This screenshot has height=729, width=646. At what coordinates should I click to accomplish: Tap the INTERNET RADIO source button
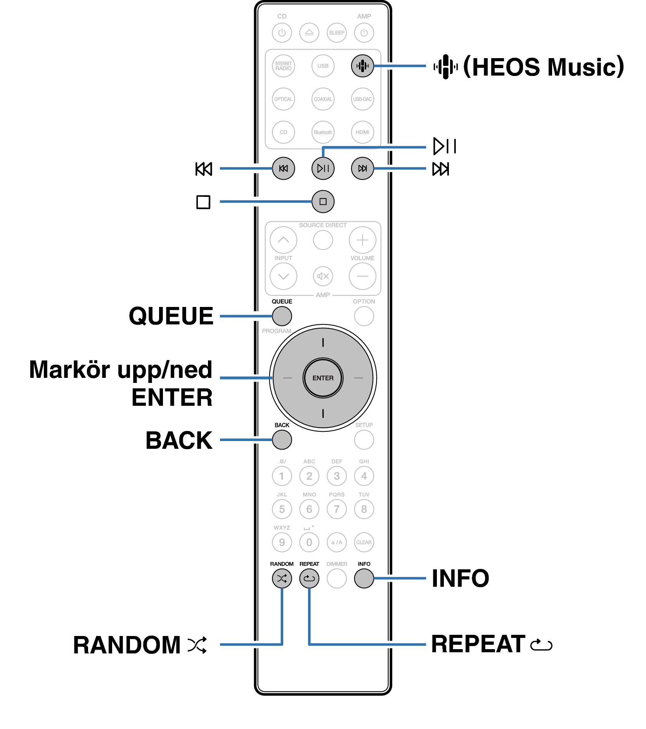point(283,66)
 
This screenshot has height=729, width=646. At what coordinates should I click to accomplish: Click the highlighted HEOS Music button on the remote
point(362,66)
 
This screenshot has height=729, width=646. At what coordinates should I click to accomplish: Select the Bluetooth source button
point(323,132)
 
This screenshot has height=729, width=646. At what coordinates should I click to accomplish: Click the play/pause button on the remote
point(323,168)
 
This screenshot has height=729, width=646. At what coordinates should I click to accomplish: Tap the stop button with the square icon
point(323,202)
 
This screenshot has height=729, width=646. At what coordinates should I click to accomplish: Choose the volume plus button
point(362,240)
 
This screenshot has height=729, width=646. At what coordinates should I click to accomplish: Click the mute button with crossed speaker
point(323,276)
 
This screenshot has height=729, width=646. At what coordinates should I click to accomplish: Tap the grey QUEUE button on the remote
point(282,316)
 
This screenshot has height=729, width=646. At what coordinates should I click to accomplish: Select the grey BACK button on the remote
point(282,440)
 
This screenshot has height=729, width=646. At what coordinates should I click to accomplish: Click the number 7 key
point(336,509)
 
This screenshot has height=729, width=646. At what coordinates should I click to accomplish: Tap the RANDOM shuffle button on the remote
point(282,579)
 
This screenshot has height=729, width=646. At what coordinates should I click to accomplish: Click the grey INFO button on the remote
point(364,579)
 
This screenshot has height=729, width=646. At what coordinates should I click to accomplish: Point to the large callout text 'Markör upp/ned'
point(121,370)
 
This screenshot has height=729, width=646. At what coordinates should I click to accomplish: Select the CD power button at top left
point(282,33)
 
